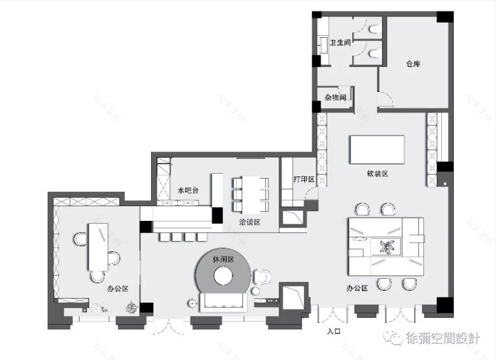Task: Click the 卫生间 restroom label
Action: coord(341,42)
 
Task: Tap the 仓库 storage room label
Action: coord(413,64)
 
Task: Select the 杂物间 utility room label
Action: coord(335,97)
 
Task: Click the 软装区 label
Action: coord(377,174)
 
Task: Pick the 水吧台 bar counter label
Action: coord(188,190)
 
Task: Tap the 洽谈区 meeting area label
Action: coord(249,222)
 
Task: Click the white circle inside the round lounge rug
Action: coord(223,277)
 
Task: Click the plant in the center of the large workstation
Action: coord(388,247)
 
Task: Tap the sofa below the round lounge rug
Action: coord(224,303)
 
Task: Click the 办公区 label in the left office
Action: coord(118,288)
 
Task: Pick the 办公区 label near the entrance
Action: coord(357,288)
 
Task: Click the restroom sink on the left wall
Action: coord(324,45)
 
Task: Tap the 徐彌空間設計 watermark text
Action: coord(442,339)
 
